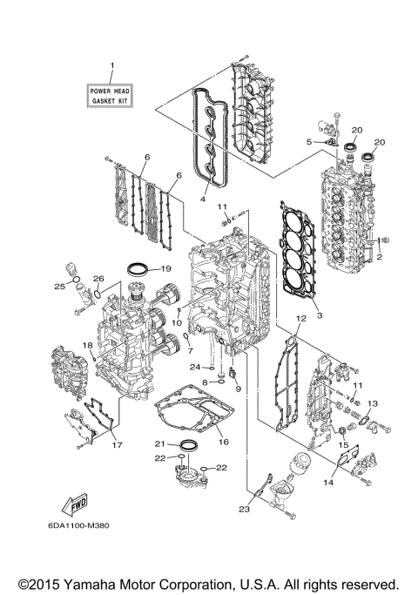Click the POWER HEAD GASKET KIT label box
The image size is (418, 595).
111,95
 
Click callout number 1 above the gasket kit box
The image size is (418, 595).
111,67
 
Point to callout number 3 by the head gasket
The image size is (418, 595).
319,314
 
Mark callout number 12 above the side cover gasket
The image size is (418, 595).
299,320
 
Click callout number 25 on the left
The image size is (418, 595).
60,287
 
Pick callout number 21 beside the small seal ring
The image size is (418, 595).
160,443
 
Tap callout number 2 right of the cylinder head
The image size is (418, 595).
378,259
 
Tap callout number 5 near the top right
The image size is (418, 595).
309,141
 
